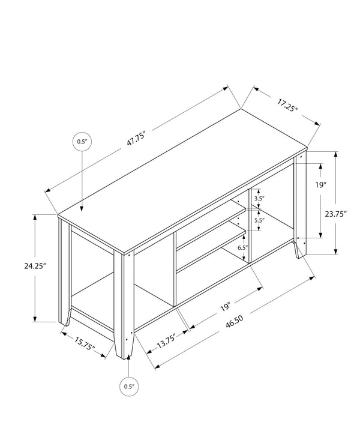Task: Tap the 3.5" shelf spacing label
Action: pyautogui.click(x=259, y=199)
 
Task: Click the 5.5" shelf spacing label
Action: pyautogui.click(x=259, y=220)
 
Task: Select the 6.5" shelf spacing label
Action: pyautogui.click(x=242, y=247)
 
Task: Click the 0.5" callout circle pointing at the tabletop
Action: pyautogui.click(x=82, y=142)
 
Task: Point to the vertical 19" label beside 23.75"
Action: pyautogui.click(x=321, y=185)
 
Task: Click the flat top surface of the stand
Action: pyautogui.click(x=180, y=180)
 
